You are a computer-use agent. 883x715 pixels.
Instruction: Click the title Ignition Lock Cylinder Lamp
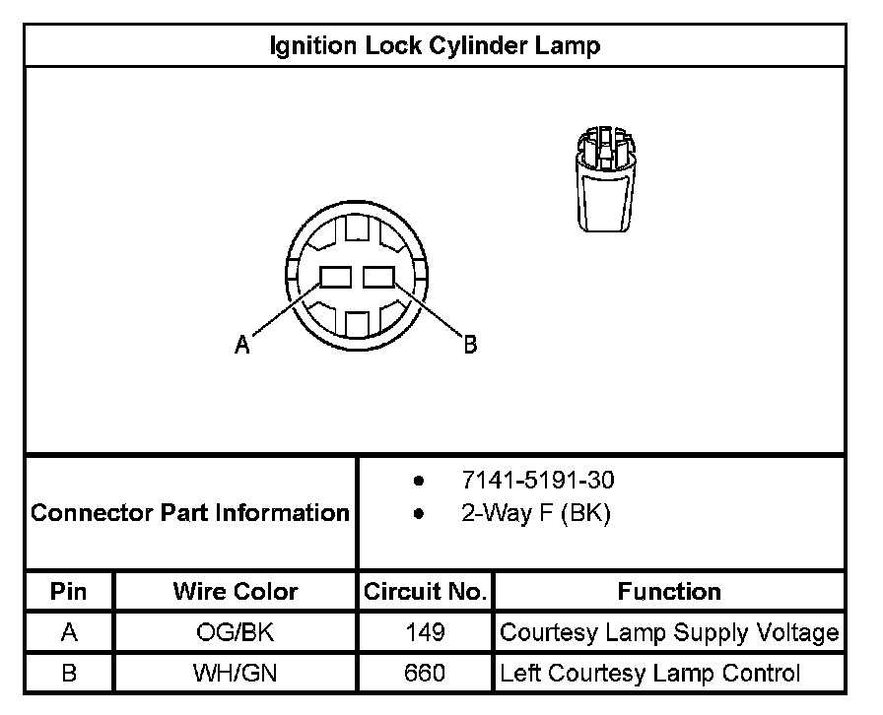click(435, 45)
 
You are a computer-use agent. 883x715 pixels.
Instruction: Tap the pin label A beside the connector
click(241, 345)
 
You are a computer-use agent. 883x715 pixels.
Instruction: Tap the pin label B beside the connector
click(470, 344)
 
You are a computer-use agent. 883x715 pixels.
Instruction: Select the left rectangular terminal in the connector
click(334, 278)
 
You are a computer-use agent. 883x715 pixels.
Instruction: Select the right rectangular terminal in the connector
click(378, 278)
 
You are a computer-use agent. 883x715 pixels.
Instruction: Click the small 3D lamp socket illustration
click(604, 178)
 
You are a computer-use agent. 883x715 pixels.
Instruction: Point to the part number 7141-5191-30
click(537, 481)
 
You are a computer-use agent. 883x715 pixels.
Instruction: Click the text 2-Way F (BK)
click(536, 514)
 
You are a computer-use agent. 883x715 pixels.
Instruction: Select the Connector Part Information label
click(190, 513)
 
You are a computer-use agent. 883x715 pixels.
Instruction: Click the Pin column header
click(69, 592)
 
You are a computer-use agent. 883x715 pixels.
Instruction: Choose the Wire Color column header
click(236, 592)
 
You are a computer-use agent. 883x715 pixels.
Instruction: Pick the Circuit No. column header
click(425, 592)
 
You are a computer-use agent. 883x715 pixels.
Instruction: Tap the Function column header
click(669, 592)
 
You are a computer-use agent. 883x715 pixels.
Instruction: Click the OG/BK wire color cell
click(236, 632)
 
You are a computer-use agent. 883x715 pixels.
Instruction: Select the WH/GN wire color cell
click(236, 674)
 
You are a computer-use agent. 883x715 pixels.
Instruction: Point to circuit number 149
click(425, 632)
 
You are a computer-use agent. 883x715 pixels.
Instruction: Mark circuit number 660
click(425, 674)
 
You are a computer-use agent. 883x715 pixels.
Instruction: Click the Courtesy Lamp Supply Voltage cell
click(669, 632)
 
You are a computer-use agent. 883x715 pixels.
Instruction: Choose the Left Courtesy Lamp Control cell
click(650, 674)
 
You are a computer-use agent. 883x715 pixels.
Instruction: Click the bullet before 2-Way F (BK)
click(420, 515)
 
